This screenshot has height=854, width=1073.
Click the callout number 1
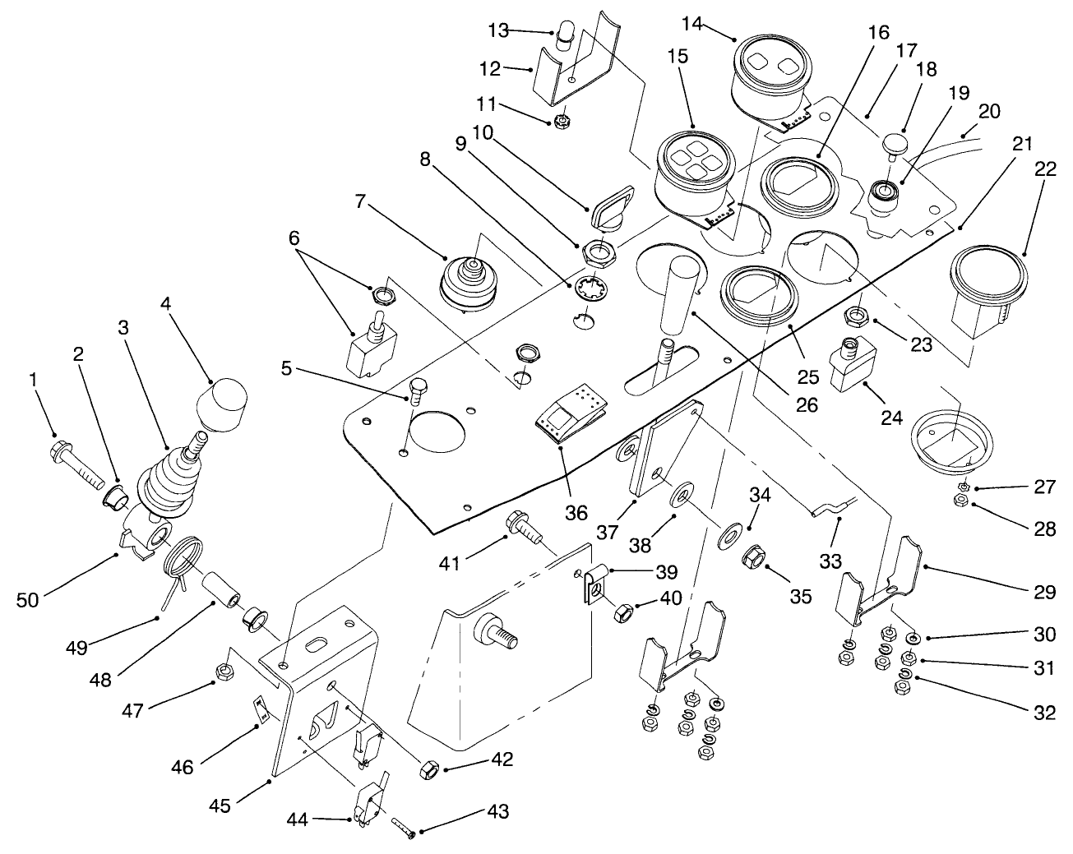33,380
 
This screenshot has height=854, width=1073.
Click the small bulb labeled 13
565,38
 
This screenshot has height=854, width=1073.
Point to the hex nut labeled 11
562,122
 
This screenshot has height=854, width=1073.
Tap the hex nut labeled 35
754,560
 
